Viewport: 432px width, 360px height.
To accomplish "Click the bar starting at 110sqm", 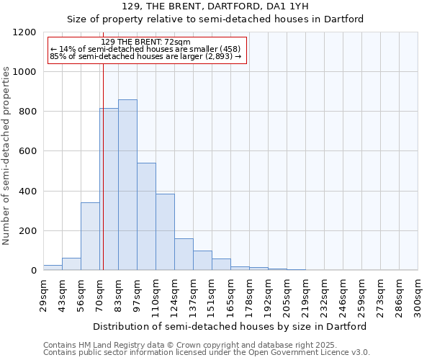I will coord(165,232).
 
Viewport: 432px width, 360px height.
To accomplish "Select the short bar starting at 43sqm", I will coord(71,264).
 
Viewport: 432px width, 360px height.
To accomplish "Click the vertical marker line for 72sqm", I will coord(103,144).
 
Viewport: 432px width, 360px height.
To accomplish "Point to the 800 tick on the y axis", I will coord(27,112).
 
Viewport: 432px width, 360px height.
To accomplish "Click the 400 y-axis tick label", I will coord(27,192).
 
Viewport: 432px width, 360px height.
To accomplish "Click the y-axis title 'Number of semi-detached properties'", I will coord(6,152).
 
